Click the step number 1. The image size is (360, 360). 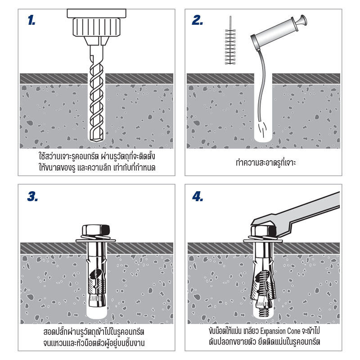point(31,20)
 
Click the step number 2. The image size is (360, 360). point(197,20)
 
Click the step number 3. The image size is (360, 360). point(32,197)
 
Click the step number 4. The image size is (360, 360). point(198,197)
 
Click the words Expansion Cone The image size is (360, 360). point(288,332)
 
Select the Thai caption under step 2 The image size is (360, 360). point(263,162)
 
